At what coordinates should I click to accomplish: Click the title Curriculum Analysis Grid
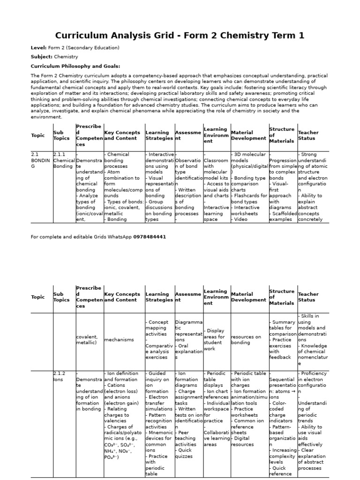tap(180, 36)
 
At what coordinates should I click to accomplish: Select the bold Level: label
tap(38, 48)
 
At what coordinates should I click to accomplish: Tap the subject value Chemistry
tap(66, 57)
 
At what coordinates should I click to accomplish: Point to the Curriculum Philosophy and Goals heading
tap(75, 66)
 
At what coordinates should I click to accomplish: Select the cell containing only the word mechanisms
tap(119, 340)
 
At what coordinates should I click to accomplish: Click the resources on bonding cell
tap(246, 340)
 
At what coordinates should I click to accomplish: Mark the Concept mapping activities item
tap(158, 328)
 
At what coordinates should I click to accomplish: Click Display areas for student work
tap(216, 339)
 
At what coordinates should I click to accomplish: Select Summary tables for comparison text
tap(283, 328)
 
